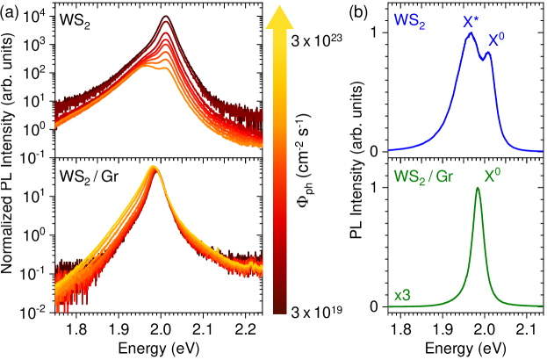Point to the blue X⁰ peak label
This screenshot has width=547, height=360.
(497, 40)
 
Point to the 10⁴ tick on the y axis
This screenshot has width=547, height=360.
(36, 18)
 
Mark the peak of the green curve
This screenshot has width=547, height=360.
(478, 188)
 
